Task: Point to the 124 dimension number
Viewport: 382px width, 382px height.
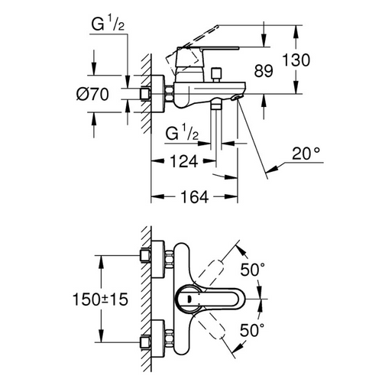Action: (x=183, y=161)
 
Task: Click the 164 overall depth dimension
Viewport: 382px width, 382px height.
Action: (x=194, y=198)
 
